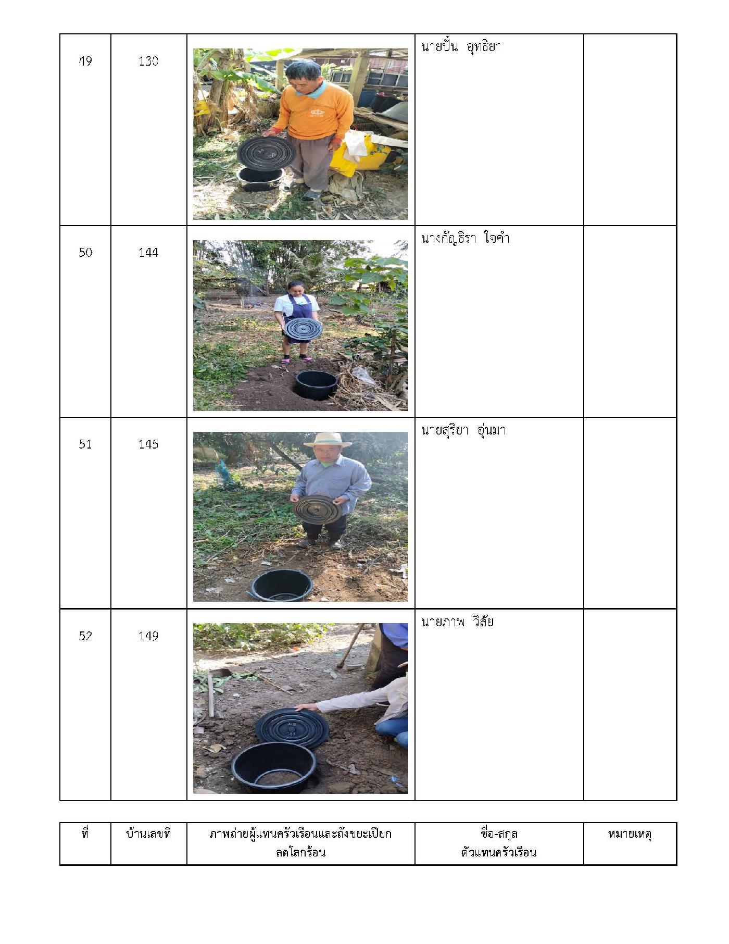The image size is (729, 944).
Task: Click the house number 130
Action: click(148, 61)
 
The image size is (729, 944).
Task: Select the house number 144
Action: click(148, 253)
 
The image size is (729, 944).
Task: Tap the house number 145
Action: click(148, 444)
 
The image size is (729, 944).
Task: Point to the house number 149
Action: click(148, 636)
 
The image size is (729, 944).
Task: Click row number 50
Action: click(85, 253)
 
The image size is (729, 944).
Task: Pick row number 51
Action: click(85, 444)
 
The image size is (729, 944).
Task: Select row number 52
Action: click(85, 636)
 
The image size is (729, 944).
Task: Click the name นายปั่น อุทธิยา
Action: click(460, 47)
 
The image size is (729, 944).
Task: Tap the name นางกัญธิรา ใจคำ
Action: click(465, 238)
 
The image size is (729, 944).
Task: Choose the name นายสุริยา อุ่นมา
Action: click(463, 430)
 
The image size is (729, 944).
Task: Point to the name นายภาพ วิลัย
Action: click(457, 622)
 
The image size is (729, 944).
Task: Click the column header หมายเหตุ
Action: click(630, 834)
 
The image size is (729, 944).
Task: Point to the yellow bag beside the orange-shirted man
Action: click(359, 155)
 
